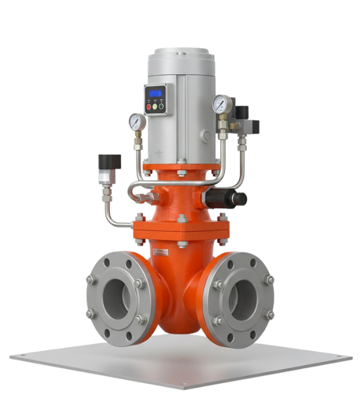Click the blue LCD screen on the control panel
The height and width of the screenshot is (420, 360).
pos(157,93)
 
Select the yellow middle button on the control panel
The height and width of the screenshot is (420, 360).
pos(155,106)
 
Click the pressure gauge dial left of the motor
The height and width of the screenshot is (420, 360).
pos(137,122)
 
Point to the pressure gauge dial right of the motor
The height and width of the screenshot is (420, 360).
pos(221,105)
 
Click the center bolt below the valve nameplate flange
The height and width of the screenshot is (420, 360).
pos(182,245)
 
